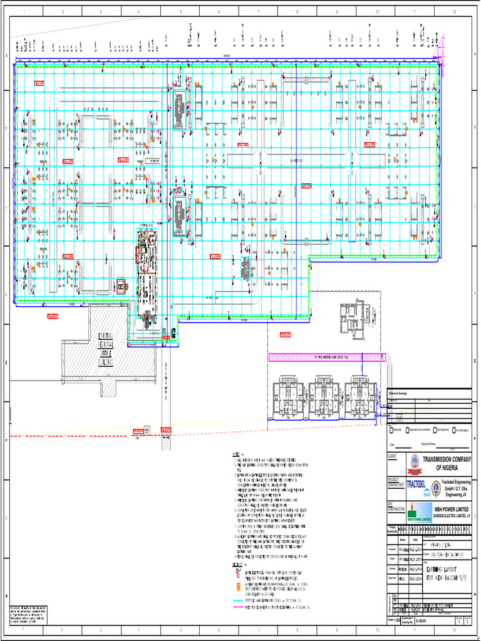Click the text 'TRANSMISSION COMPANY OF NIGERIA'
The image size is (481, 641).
[447, 464]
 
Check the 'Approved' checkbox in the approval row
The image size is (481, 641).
[390, 431]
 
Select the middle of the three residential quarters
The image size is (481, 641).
[324, 396]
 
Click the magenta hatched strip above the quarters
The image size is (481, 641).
[326, 357]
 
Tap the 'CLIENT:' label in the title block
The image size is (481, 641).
[392, 456]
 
